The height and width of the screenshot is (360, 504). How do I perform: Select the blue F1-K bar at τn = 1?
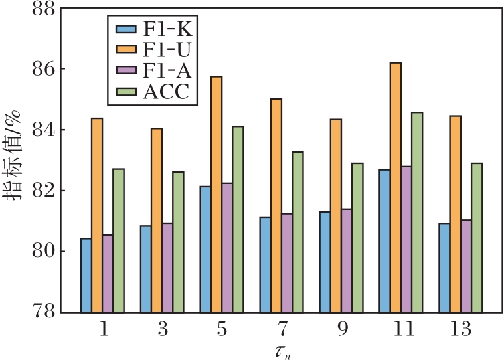click(x=86, y=275)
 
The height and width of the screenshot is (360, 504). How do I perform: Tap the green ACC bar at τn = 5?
click(x=238, y=219)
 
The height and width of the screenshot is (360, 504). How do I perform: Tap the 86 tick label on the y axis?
click(x=37, y=69)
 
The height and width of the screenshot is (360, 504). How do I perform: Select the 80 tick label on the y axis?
click(x=37, y=252)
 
